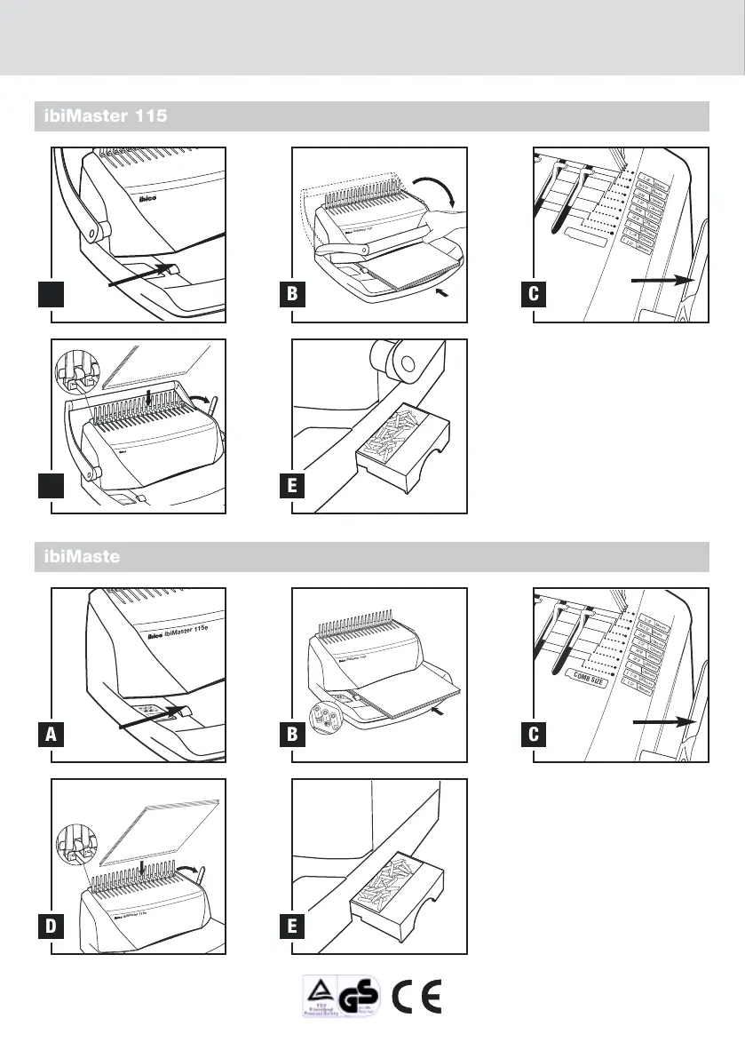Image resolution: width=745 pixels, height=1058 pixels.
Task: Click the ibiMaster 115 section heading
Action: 101,116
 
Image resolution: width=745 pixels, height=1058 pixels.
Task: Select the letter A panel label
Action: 52,736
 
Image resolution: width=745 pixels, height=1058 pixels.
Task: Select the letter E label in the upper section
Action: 292,487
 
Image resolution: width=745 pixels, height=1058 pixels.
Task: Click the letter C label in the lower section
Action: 534,736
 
